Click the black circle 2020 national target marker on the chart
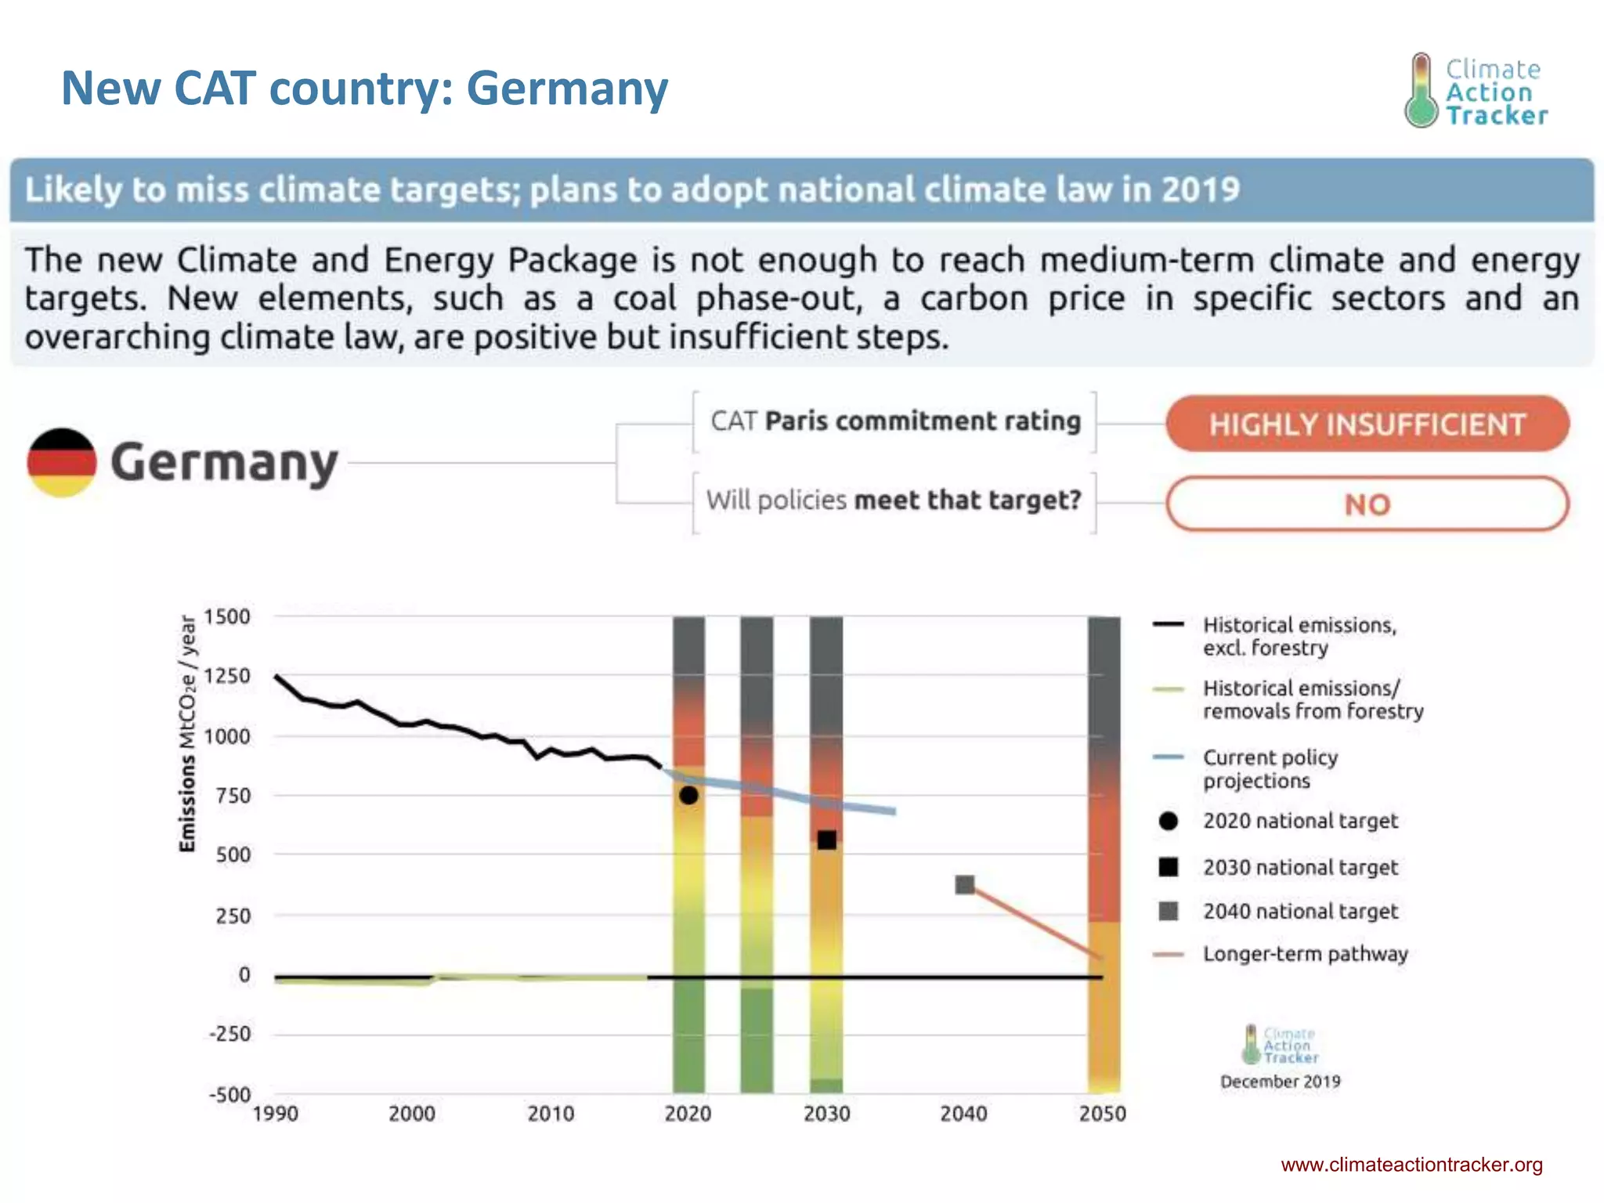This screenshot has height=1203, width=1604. point(688,795)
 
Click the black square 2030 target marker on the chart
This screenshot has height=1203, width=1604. point(826,840)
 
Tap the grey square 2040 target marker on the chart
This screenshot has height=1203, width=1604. point(965,885)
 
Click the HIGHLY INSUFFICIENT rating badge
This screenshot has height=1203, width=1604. point(1367,424)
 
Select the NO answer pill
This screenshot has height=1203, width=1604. point(1367,504)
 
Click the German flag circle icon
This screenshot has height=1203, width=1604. point(62,463)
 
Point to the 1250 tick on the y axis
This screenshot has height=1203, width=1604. point(227,676)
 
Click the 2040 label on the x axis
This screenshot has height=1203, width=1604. point(963,1114)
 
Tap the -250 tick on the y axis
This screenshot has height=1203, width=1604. point(229,1034)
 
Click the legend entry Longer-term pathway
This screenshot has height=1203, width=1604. point(1305,954)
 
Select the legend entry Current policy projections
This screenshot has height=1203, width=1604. point(1270,769)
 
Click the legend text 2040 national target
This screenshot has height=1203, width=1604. point(1300,911)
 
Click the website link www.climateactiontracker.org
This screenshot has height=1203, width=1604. point(1411,1165)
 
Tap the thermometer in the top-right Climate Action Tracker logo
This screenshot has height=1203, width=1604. point(1421,91)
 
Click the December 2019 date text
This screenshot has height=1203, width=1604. point(1280,1082)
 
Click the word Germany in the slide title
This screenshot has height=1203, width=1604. point(567,88)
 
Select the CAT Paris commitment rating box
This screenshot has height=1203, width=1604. point(894,421)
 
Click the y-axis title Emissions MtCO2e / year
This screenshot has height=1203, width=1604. point(187,733)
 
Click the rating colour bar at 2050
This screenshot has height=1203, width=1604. point(1104,854)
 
